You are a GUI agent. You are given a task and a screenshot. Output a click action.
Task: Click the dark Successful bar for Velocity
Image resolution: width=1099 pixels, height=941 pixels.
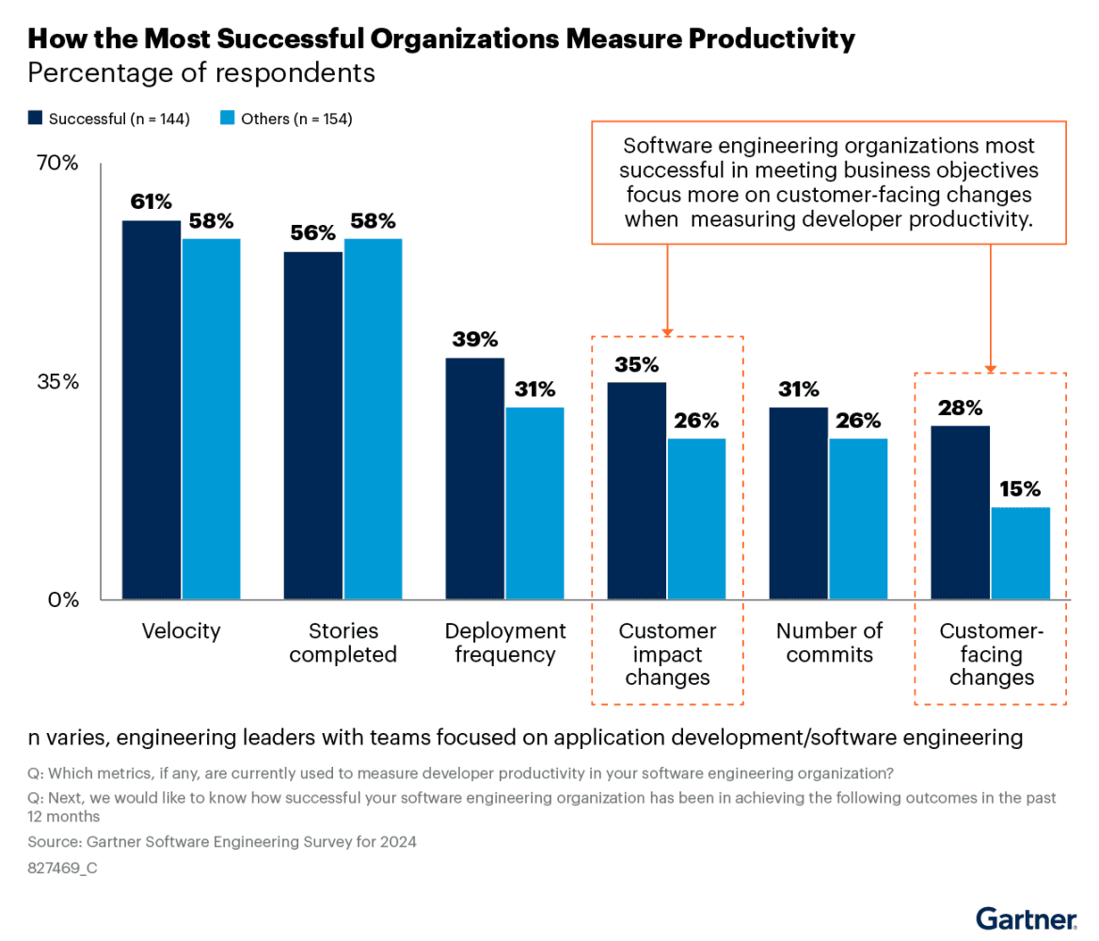pos(151,409)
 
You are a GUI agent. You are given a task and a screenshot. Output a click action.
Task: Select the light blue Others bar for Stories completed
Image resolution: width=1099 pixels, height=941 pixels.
pos(373,419)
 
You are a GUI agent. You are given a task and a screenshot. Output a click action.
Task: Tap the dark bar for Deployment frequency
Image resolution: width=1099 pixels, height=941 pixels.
pos(474,478)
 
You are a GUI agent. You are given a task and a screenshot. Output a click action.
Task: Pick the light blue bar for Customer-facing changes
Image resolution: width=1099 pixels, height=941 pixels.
pos(1020,553)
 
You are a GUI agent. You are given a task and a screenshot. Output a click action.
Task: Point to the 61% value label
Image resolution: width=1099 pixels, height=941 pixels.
pos(151,201)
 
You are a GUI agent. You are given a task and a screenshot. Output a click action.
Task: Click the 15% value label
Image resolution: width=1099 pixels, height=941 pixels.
pos(1020,488)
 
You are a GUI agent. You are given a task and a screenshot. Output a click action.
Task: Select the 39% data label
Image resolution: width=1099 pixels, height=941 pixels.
pos(474,339)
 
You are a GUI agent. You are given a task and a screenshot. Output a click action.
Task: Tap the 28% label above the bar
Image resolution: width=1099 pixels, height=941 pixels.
pos(960,407)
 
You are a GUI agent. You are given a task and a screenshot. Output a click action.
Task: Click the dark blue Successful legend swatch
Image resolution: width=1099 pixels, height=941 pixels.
pos(36,119)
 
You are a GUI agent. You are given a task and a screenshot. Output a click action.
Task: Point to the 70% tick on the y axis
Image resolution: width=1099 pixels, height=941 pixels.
pos(57,164)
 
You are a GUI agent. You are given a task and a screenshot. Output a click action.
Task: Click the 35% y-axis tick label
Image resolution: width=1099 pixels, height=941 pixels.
pos(57,382)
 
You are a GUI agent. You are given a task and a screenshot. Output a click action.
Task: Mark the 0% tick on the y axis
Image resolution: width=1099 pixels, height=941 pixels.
pos(63,599)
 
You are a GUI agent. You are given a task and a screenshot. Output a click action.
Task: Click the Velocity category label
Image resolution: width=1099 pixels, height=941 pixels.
pos(181,630)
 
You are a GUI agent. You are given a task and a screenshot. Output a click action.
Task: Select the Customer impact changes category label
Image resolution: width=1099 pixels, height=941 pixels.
pos(667,654)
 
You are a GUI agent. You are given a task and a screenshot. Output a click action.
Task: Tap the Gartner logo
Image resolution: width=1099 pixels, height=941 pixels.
pos(1026,917)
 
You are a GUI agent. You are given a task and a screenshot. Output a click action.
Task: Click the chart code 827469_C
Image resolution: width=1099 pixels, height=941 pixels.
pos(63,869)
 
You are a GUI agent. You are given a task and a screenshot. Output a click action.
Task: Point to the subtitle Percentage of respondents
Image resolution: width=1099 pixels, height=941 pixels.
pos(201,72)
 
